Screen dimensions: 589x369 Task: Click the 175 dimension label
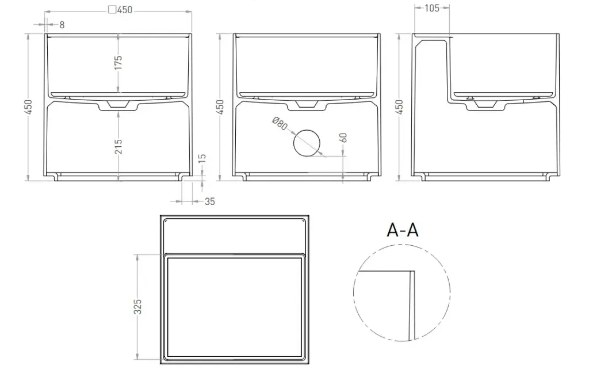pyautogui.click(x=118, y=62)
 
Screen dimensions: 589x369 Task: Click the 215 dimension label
pyautogui.click(x=118, y=147)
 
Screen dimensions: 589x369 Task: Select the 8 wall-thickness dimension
pyautogui.click(x=62, y=25)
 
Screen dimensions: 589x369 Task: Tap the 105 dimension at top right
pyautogui.click(x=432, y=8)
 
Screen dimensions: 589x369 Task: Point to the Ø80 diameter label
pyautogui.click(x=280, y=124)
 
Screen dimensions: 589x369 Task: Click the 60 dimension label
pyautogui.click(x=343, y=138)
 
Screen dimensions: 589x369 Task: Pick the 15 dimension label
pyautogui.click(x=202, y=158)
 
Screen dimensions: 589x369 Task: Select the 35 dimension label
pyautogui.click(x=210, y=202)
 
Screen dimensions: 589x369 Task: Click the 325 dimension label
pyautogui.click(x=138, y=307)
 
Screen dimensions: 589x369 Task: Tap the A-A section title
pyautogui.click(x=403, y=230)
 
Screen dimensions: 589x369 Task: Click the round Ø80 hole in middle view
pyautogui.click(x=307, y=143)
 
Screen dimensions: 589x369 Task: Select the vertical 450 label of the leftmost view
pyautogui.click(x=28, y=107)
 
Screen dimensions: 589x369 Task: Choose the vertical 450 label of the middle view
pyautogui.click(x=220, y=107)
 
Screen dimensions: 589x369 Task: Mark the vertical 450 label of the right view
pyautogui.click(x=399, y=107)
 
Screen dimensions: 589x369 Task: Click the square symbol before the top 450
pyautogui.click(x=112, y=9)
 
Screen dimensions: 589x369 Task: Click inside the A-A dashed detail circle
pyautogui.click(x=402, y=292)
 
